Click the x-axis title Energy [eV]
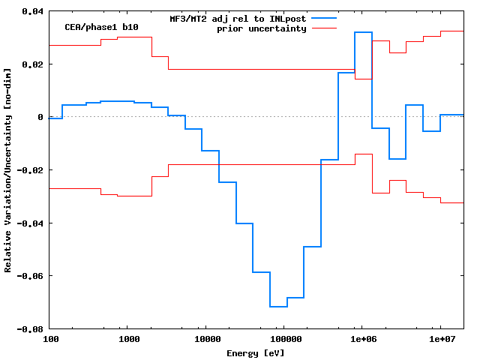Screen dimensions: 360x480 pos(256,353)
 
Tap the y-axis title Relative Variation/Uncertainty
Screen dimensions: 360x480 pos(8,169)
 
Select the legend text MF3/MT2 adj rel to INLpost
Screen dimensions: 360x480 pos(238,18)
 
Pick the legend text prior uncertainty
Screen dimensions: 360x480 pos(262,28)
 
